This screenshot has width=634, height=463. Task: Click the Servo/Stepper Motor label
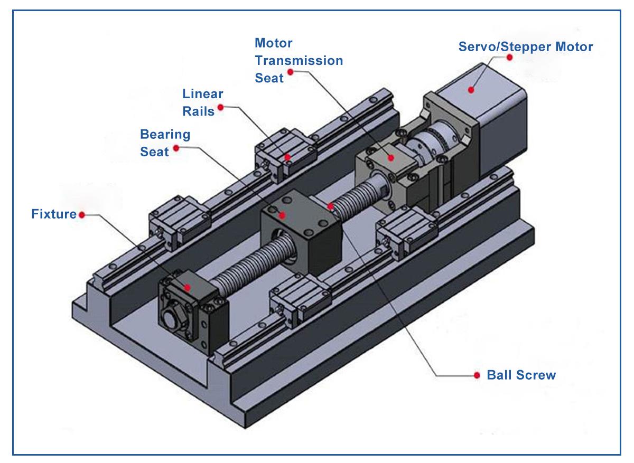point(525,46)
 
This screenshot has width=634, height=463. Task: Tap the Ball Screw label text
point(521,375)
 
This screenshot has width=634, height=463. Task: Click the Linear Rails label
point(203,102)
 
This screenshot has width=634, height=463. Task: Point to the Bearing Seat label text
point(165,143)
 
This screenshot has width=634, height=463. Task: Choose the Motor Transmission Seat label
point(299,60)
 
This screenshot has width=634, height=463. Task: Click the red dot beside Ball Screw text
point(477,375)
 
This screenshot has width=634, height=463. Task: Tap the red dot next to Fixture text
point(82,215)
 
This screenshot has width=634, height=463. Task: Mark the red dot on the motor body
point(470,90)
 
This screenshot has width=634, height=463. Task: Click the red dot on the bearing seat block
point(283,215)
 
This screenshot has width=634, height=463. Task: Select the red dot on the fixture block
point(188,287)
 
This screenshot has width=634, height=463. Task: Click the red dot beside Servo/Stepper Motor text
point(509,57)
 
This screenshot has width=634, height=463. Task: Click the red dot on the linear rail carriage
point(287,157)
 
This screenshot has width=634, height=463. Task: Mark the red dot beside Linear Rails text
point(221,107)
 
